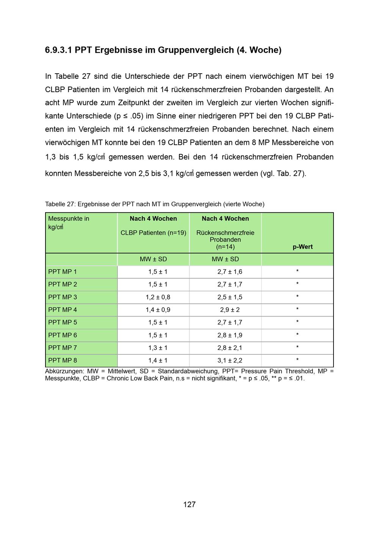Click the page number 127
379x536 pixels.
coord(189,504)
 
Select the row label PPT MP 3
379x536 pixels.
coord(63,297)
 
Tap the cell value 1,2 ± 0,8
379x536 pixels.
coord(158,297)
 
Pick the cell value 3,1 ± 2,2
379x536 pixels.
coord(230,360)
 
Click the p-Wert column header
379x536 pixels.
coord(302,247)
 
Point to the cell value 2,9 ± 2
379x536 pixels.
coord(230,310)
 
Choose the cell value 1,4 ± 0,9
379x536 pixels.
coord(158,310)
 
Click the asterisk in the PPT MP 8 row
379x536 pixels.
coord(297,360)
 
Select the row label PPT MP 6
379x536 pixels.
coord(63,335)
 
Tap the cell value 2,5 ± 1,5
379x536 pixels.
coord(230,297)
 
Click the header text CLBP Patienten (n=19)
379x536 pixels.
coord(153,233)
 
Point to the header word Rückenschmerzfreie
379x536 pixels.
coord(225,233)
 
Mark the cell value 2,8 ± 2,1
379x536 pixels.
coord(230,348)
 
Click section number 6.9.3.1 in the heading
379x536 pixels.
coord(58,50)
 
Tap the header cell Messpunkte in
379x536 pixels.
coord(69,219)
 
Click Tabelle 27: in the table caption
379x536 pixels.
coord(60,204)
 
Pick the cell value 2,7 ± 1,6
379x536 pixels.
coord(230,272)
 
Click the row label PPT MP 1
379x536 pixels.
coord(63,272)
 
